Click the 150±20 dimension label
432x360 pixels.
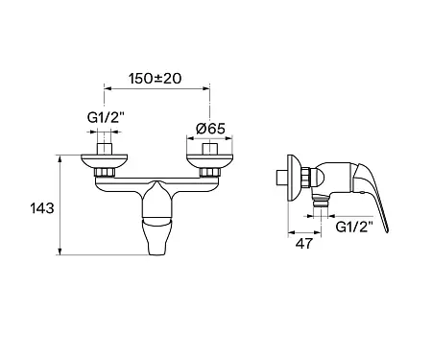155,79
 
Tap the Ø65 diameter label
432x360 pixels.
210,129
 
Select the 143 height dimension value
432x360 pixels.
42,208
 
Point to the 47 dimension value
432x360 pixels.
303,244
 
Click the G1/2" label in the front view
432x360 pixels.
106,118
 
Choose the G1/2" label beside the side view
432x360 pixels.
354,228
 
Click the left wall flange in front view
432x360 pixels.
104,161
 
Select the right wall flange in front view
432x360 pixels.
210,161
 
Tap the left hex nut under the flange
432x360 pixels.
105,172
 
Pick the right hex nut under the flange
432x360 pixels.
209,172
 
